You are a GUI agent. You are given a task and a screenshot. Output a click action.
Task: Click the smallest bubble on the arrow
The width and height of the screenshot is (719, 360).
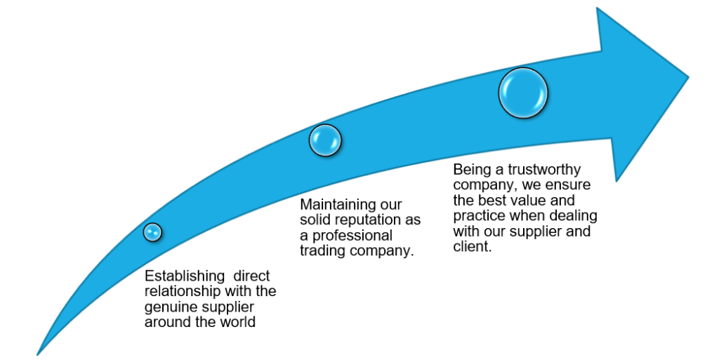pyautogui.click(x=152, y=232)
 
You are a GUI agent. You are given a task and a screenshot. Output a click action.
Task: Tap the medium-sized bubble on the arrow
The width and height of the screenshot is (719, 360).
pyautogui.click(x=325, y=140)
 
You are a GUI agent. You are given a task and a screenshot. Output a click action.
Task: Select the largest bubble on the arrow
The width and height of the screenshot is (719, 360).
pyautogui.click(x=523, y=93)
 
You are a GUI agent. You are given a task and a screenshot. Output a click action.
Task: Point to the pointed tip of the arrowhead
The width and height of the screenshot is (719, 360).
pyautogui.click(x=687, y=77)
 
